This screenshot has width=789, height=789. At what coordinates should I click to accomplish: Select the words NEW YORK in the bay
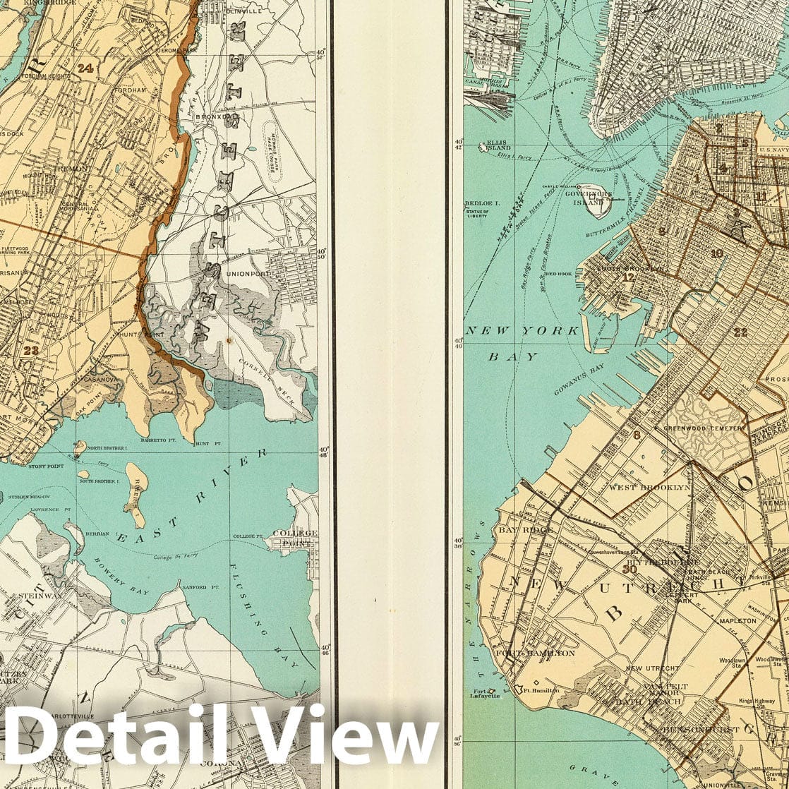point(522,331)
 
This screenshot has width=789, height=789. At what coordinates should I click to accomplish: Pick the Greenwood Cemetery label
point(702,428)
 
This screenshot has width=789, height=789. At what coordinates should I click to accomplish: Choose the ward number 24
point(86,68)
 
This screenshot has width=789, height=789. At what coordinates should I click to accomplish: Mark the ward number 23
point(30,349)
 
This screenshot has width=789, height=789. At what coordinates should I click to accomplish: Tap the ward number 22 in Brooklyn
point(740,332)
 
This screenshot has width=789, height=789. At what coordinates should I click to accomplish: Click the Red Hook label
point(558,273)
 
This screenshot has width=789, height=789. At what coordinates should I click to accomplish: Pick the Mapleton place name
point(737,621)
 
